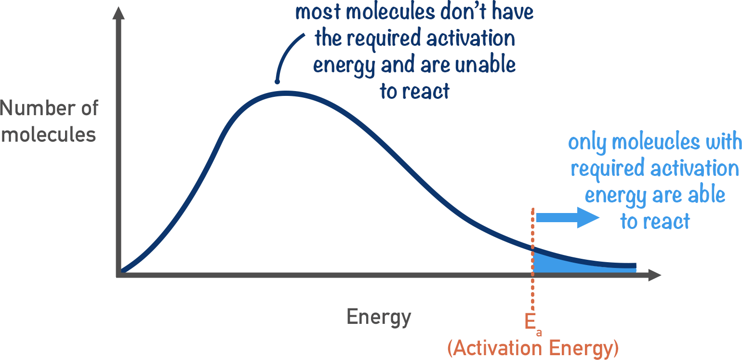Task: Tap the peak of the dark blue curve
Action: [x=286, y=93]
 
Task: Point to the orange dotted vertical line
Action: [x=532, y=289]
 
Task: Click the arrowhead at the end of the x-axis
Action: [x=655, y=275]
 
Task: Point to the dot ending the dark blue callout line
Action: [x=277, y=81]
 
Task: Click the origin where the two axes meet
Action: [x=119, y=275]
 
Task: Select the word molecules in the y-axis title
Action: [x=48, y=134]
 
